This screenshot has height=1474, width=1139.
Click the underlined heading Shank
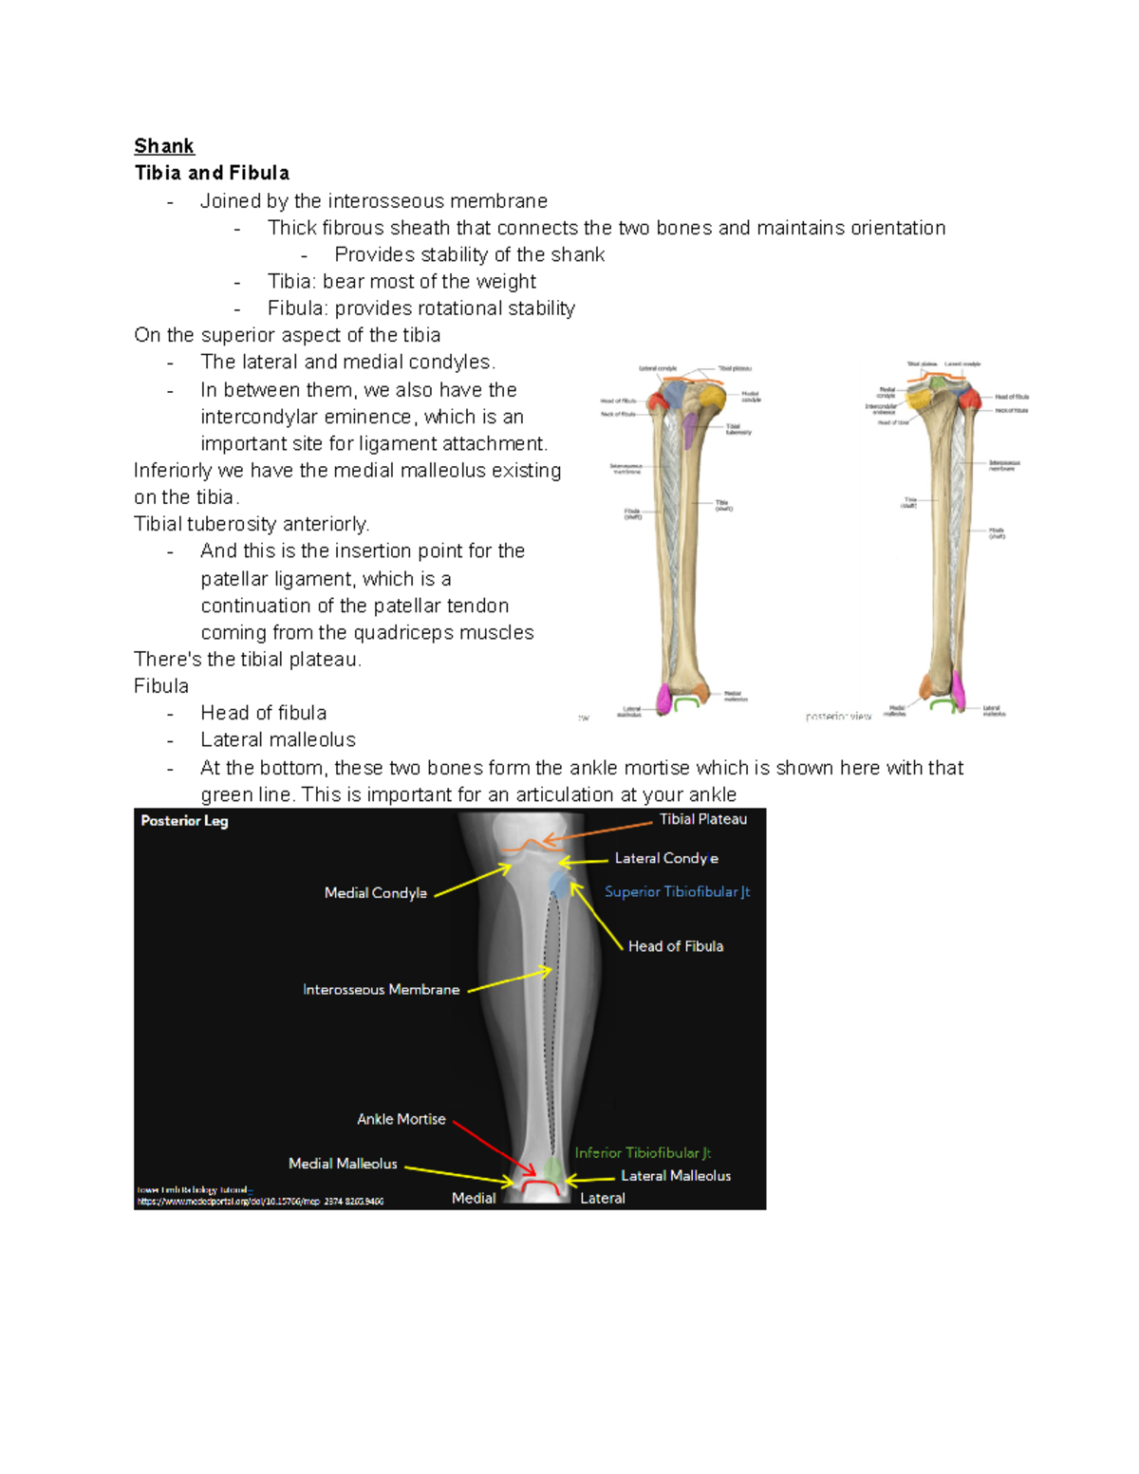coord(164,146)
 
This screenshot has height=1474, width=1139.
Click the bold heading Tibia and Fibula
coord(212,173)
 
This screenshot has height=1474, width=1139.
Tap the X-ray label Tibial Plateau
coord(702,819)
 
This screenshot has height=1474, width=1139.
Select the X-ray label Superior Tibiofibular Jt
coord(677,891)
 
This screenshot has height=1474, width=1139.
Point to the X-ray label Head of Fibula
coord(675,946)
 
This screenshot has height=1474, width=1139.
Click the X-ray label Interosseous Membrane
coord(381,989)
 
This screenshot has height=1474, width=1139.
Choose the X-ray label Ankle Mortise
coord(401,1119)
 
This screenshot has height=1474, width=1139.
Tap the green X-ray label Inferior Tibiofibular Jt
coord(642,1152)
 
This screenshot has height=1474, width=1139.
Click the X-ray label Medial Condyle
coord(375,893)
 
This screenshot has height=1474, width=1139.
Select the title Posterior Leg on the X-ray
coord(184,821)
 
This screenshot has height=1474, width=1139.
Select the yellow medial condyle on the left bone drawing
coord(708,396)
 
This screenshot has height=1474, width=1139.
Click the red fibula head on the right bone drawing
coord(969,399)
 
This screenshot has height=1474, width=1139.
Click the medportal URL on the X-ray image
coord(260,1202)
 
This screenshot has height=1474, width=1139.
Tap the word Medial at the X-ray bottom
coord(473,1198)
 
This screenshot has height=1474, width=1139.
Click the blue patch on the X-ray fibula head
coord(560,886)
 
